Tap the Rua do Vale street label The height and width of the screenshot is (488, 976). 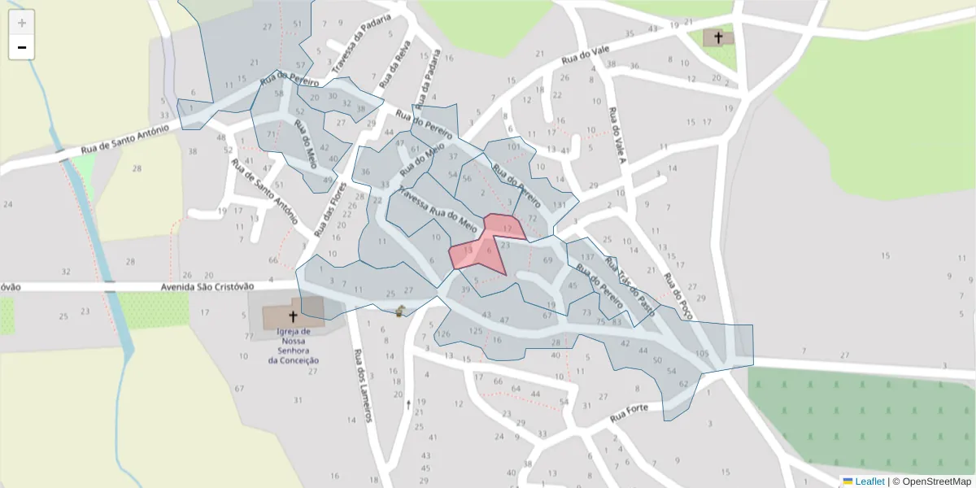point(585,56)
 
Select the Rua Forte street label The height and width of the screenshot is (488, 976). point(629,413)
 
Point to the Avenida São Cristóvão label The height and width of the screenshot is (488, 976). point(207,286)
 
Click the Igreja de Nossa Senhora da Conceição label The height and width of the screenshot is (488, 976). point(294,346)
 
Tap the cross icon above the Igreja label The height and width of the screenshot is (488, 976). point(293,316)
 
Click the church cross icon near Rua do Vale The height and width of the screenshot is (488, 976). point(718,37)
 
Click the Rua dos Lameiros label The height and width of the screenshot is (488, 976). point(362,386)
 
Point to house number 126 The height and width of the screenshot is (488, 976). point(443,334)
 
